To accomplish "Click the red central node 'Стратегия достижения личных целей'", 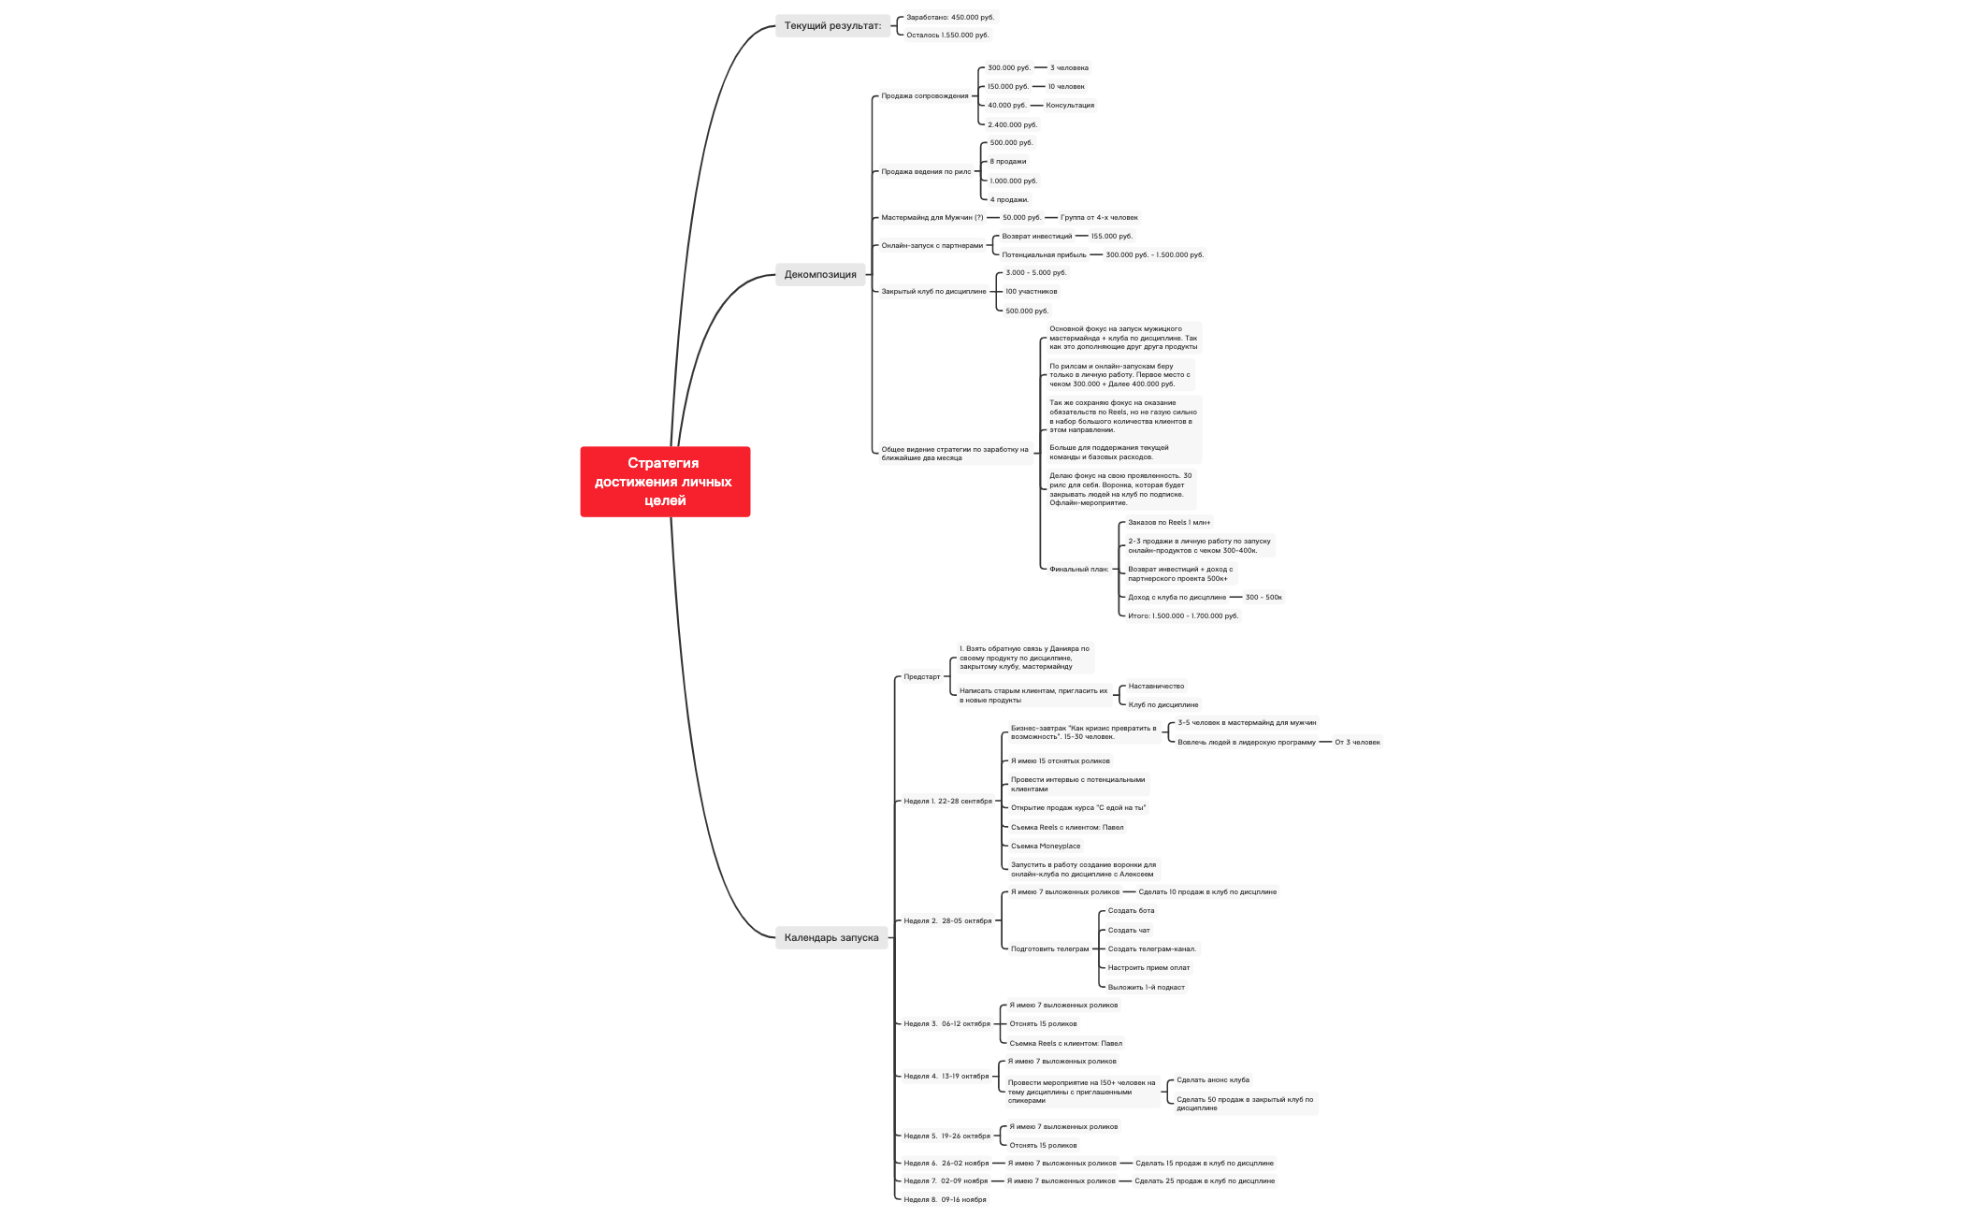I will pos(665,482).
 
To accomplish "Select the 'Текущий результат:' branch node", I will pos(832,25).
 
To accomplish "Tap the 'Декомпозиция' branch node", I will pos(820,274).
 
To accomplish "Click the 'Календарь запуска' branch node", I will pos(831,937).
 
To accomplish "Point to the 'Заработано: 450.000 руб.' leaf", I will pos(950,17).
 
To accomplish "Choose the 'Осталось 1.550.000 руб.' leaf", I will pos(947,35).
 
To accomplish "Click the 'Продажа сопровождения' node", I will pos(925,95).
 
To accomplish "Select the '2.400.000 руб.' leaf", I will pos(1012,124).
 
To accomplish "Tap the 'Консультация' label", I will pos(1070,105).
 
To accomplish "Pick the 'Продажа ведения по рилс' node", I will pos(926,171).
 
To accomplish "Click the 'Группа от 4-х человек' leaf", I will pos(1099,217).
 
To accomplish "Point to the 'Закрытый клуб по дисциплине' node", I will pos(933,291).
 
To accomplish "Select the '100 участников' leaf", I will pos(1031,291).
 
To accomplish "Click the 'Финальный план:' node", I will pos(1078,569).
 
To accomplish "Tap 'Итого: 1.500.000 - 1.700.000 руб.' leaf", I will pos(1182,615).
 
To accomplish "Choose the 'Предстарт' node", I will pos(921,676).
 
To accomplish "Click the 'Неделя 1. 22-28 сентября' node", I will pos(947,801).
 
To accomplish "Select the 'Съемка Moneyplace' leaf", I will pos(1045,846).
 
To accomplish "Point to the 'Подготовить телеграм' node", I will pos(1049,948).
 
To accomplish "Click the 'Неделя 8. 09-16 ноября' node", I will pos(945,1199).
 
